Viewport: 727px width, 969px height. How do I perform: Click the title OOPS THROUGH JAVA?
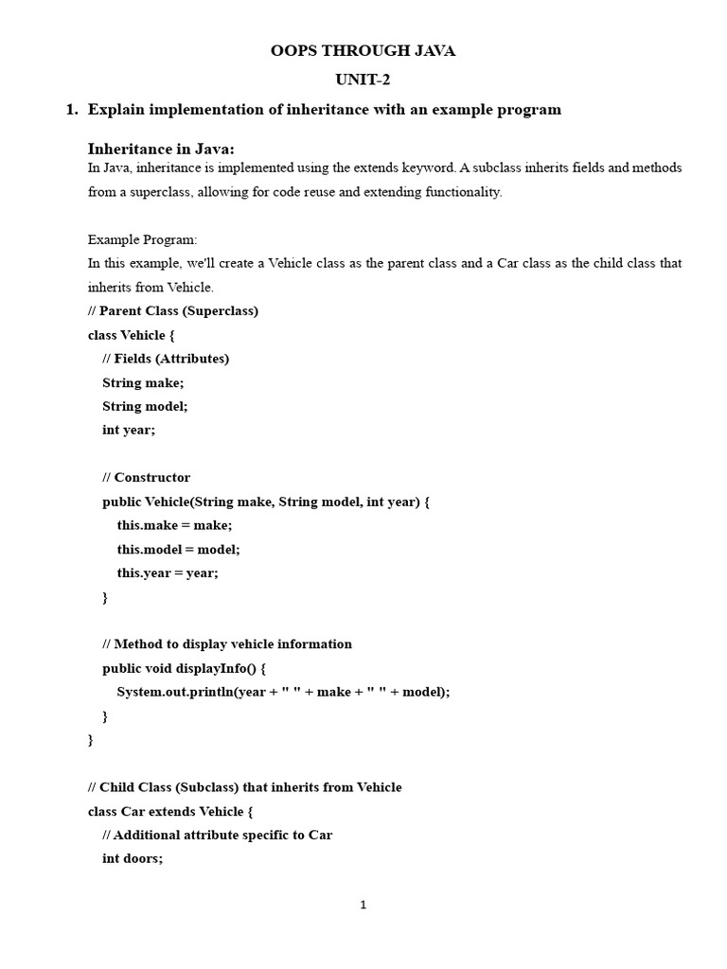363,51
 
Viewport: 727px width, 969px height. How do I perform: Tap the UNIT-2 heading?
363,80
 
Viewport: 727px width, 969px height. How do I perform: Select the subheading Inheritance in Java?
161,149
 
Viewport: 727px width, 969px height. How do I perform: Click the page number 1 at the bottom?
363,905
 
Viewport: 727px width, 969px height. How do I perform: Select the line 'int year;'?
129,430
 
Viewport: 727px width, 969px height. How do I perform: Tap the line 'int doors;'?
133,858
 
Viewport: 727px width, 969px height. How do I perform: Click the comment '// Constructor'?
146,478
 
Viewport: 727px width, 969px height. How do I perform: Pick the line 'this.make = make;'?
174,525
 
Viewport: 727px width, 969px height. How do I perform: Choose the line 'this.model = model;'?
178,549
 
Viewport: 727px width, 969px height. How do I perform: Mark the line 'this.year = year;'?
168,573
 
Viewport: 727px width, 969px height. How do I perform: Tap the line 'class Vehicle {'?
132,335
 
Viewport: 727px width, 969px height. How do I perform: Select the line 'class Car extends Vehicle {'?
170,811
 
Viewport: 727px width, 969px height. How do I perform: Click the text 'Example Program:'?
142,239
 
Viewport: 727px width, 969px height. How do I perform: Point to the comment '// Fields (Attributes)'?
166,359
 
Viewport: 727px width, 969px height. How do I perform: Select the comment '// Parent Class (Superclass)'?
173,310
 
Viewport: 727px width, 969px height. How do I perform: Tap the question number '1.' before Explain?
71,110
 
